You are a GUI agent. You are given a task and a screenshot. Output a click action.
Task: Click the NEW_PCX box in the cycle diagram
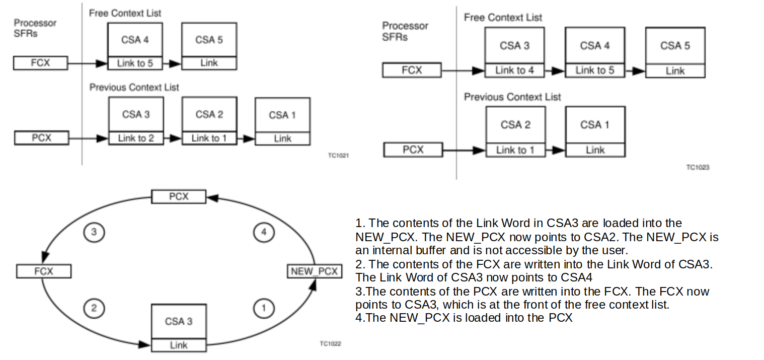point(314,271)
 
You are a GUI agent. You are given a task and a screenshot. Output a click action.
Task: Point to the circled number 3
point(93,232)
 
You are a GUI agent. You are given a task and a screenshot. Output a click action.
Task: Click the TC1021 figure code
point(338,156)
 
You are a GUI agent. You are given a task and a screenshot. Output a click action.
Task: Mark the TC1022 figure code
point(330,344)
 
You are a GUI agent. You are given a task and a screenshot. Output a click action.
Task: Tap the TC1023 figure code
point(698,167)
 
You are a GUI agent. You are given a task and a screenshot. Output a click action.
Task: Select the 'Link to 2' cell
point(136,138)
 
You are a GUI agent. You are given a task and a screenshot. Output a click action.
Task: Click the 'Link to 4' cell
point(514,70)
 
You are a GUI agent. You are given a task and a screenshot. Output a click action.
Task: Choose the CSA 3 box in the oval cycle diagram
point(179,321)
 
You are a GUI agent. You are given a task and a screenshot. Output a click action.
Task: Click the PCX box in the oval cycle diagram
point(179,196)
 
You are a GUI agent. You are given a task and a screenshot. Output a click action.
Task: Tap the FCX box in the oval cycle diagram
point(44,271)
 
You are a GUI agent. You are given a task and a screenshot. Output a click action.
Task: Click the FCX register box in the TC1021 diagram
point(41,63)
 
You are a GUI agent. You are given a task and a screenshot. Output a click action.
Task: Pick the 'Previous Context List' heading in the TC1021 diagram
point(134,88)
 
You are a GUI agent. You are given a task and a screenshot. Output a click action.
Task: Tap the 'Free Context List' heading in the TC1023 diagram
point(503,18)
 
